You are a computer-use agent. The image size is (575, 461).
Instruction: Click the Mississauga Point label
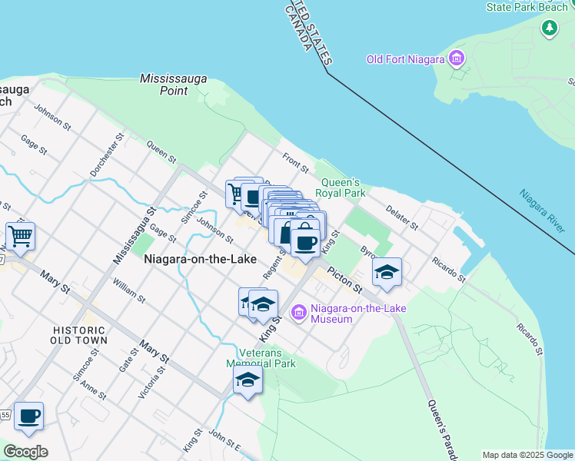pyautogui.click(x=164, y=85)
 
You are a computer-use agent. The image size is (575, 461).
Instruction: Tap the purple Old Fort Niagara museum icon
pyautogui.click(x=457, y=58)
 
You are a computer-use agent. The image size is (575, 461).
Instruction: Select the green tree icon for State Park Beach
pyautogui.click(x=549, y=28)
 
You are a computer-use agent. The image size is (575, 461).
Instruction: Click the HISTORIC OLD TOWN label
pyautogui.click(x=79, y=334)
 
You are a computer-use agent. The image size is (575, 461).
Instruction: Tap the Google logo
pyautogui.click(x=25, y=452)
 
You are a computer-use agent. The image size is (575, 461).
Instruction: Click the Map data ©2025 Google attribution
pyautogui.click(x=527, y=455)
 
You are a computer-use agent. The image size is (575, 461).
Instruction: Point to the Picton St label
pyautogui.click(x=344, y=279)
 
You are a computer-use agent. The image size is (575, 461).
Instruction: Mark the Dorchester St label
pyautogui.click(x=105, y=157)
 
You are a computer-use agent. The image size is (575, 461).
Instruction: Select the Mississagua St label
pyautogui.click(x=135, y=235)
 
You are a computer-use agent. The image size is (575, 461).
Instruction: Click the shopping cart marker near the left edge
pyautogui.click(x=20, y=236)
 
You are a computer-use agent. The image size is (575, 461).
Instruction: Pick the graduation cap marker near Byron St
pyautogui.click(x=387, y=272)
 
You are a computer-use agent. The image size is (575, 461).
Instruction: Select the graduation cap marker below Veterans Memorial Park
pyautogui.click(x=248, y=380)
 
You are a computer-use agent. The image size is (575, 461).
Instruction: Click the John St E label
pyautogui.click(x=224, y=441)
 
